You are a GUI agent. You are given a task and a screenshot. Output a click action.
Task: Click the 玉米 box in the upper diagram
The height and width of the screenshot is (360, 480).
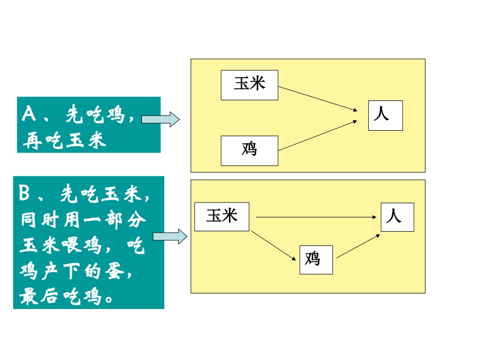tap(250, 85)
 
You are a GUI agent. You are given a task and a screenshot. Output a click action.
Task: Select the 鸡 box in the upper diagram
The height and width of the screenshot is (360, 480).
tap(250, 150)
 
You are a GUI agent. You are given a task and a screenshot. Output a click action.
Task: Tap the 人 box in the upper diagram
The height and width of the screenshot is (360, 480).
tap(385, 116)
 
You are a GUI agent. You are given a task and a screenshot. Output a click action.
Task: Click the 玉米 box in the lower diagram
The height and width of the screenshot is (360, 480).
tap(222, 217)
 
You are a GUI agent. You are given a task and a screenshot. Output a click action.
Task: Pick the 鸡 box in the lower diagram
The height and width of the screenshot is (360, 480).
tap(316, 260)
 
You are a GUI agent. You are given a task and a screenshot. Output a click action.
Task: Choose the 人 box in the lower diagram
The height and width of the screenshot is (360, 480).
tap(397, 217)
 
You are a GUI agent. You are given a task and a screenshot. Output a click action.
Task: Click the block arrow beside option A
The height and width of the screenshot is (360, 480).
tap(160, 120)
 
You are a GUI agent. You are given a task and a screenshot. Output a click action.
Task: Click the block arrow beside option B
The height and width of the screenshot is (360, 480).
tap(170, 236)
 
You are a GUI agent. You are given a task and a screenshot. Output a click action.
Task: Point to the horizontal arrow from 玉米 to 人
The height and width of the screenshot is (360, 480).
tap(317, 217)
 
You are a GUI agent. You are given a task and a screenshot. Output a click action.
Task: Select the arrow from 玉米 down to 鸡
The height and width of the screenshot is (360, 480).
tap(274, 246)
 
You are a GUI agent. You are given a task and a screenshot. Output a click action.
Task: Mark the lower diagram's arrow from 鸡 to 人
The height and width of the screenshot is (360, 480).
tap(358, 246)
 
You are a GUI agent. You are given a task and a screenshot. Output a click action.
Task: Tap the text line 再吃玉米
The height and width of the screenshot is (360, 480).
tap(64, 140)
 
